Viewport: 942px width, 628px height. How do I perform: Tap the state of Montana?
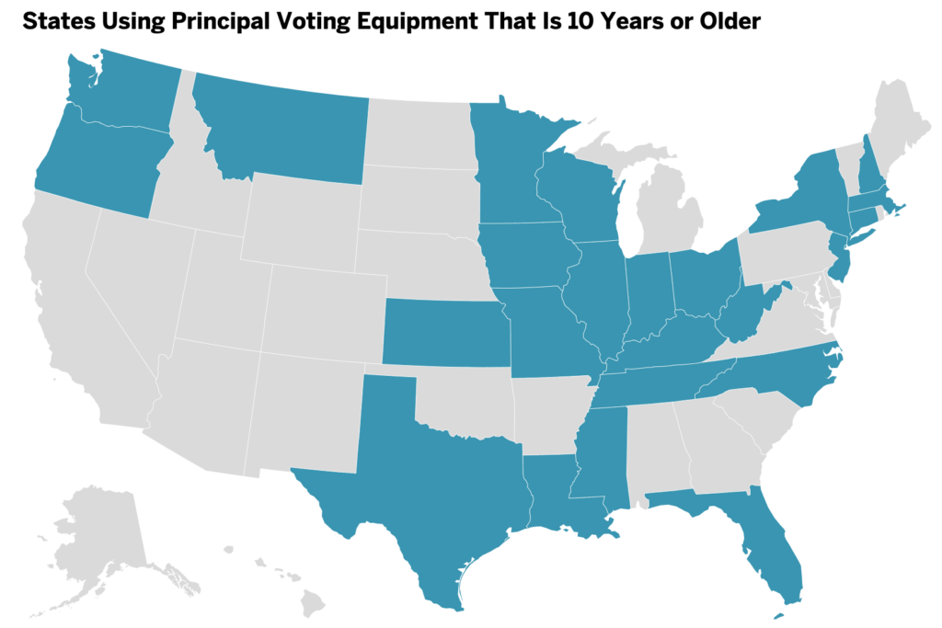(285, 129)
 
